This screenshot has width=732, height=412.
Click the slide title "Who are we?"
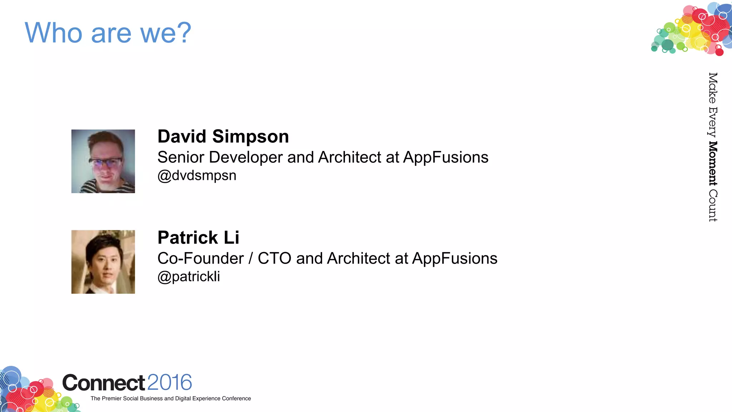108,33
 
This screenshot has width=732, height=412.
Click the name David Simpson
223,137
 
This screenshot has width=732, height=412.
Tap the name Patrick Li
198,238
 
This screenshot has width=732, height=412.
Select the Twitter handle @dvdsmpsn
197,176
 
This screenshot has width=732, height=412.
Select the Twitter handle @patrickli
189,276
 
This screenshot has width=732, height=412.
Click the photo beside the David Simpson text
103,161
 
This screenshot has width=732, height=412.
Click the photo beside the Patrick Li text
103,262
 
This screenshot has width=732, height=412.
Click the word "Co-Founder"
201,259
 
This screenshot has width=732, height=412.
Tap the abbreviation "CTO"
274,259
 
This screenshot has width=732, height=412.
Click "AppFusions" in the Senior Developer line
445,157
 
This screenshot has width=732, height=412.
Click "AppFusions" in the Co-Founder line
455,259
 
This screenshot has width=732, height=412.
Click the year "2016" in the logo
169,383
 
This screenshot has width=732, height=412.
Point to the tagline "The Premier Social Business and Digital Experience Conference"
171,398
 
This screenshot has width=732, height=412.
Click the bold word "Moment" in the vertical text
713,163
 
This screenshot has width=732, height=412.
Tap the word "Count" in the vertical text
713,206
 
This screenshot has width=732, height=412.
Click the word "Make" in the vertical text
713,88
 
